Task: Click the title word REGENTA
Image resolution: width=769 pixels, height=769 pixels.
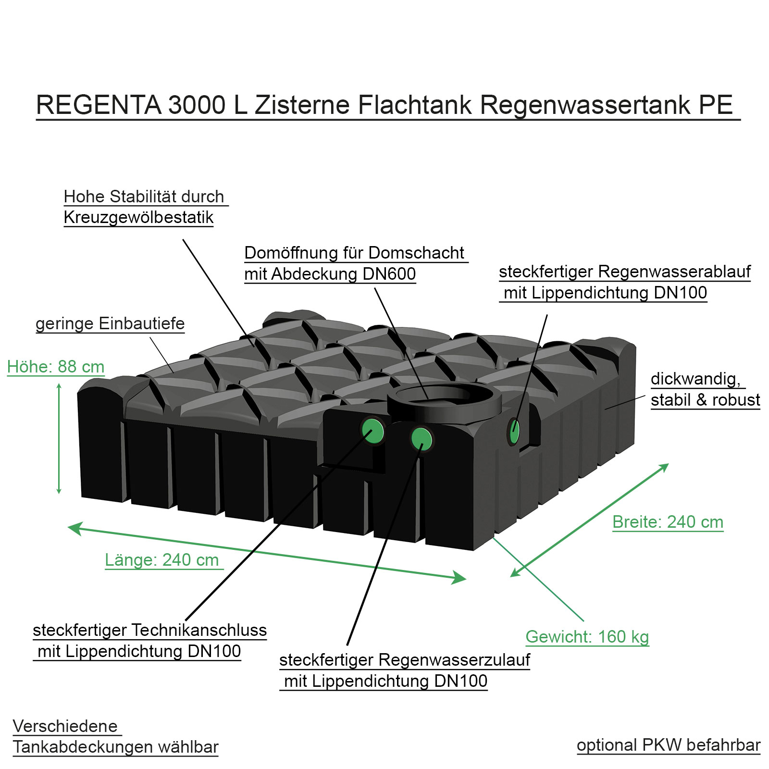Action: click(99, 105)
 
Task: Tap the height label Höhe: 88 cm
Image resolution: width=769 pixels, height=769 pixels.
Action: click(56, 367)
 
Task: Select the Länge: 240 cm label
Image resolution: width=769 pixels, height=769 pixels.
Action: click(162, 560)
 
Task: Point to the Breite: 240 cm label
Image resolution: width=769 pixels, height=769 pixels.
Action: click(668, 522)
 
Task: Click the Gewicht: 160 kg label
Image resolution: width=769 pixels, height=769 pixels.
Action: click(587, 637)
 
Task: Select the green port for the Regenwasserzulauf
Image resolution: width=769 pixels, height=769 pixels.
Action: click(422, 439)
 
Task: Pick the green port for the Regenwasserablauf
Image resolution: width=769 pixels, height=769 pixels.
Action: click(514, 430)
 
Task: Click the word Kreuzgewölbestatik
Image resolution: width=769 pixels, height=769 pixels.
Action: click(138, 218)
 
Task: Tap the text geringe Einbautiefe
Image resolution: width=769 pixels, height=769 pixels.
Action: click(110, 323)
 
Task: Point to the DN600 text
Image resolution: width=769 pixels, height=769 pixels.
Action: click(389, 274)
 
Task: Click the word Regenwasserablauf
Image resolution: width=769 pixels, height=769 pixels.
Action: click(674, 272)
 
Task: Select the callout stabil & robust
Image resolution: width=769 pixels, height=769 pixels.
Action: click(705, 400)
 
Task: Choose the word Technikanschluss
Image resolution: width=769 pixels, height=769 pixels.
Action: click(199, 630)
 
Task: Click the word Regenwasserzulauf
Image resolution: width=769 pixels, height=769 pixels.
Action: click(454, 660)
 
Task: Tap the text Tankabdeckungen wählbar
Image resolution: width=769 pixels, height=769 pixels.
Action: click(115, 747)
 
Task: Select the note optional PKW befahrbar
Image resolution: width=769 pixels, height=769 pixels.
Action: click(668, 745)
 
